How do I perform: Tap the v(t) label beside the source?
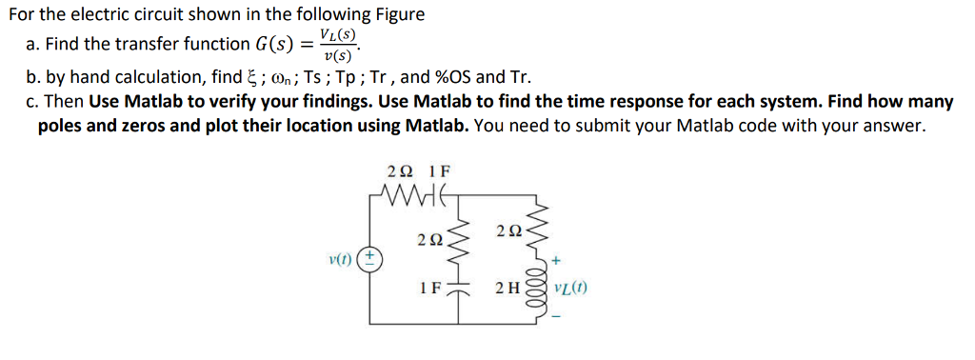pyautogui.click(x=340, y=257)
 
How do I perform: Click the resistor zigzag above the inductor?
pyautogui.click(x=543, y=229)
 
